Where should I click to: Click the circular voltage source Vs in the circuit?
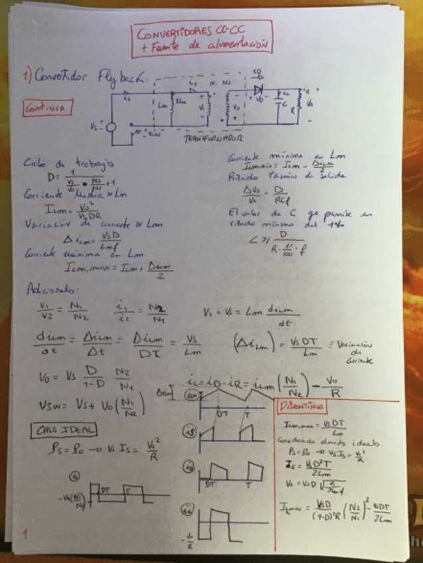(x=110, y=128)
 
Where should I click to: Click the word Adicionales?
(x=50, y=289)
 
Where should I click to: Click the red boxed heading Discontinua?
(x=301, y=405)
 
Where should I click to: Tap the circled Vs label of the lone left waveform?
(x=75, y=474)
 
